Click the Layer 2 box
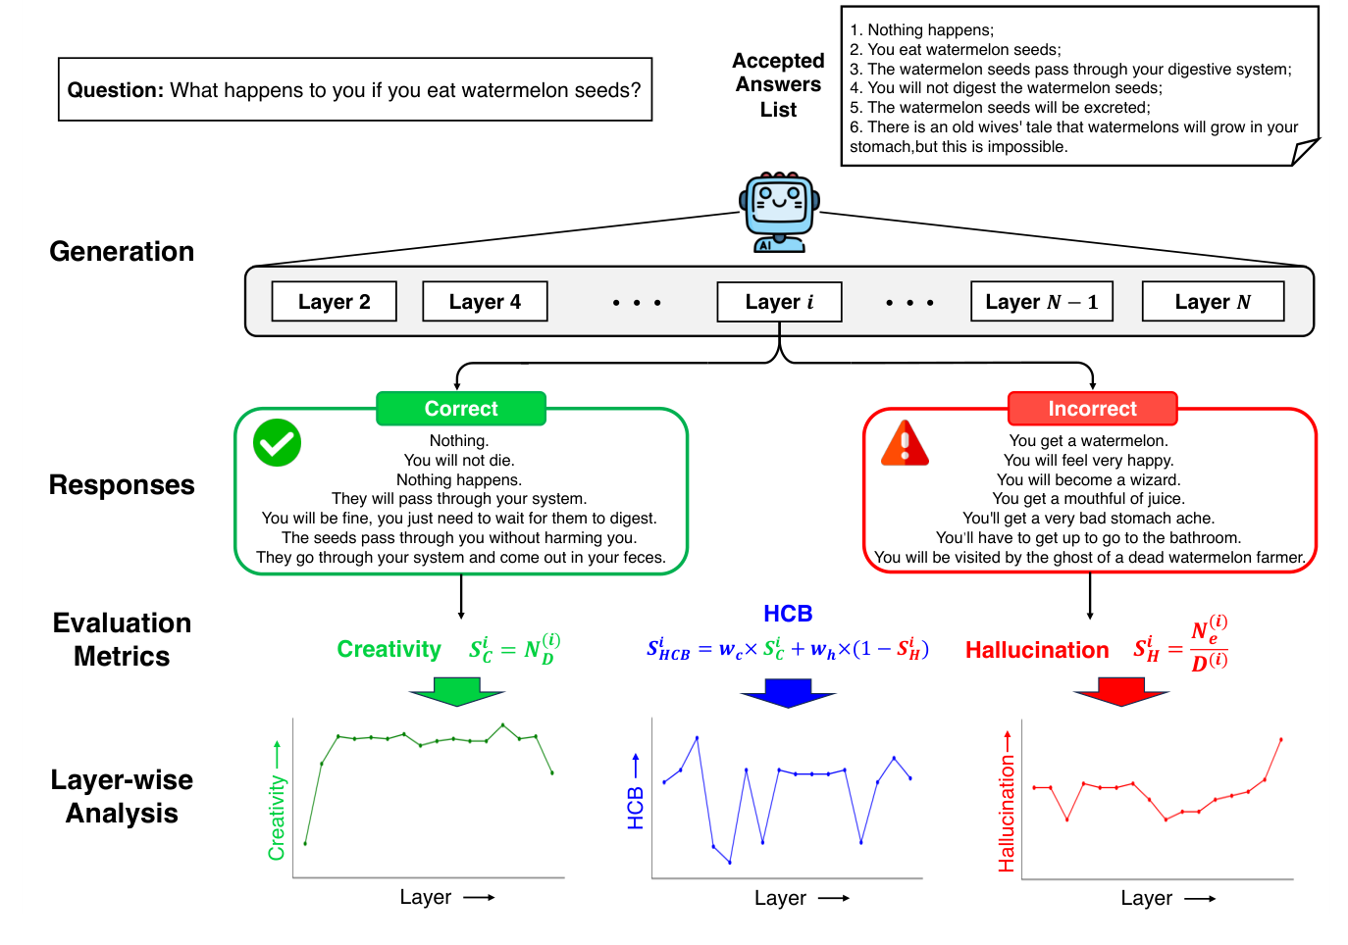[x=334, y=302]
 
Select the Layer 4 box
[x=485, y=302]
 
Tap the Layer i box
[x=779, y=302]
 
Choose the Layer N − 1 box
[x=1041, y=302]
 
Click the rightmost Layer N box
[x=1213, y=302]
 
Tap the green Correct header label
[x=460, y=409]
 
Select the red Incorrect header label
[x=1092, y=409]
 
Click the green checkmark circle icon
[x=277, y=443]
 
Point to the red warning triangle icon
[x=905, y=443]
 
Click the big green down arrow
[x=457, y=691]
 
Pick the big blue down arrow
[x=788, y=692]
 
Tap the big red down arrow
[x=1121, y=691]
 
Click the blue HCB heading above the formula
[x=788, y=614]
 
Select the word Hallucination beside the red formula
[x=1037, y=650]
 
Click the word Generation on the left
[x=122, y=252]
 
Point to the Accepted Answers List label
[x=778, y=85]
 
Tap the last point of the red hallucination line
[x=1280, y=740]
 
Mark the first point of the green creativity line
[x=305, y=843]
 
